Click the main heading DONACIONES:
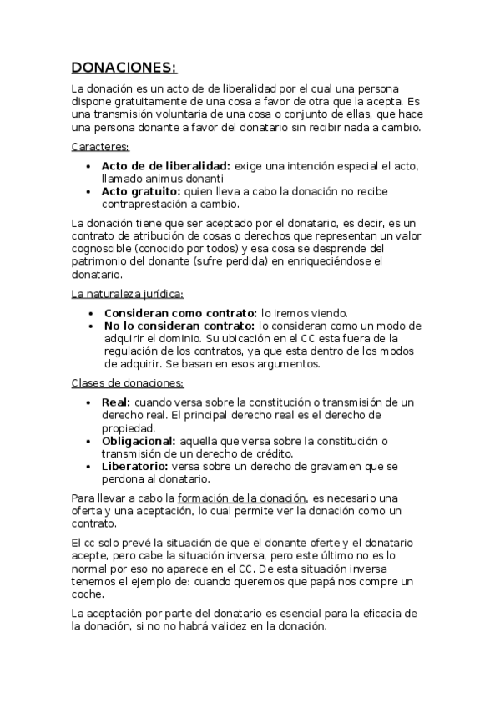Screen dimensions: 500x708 [124, 68]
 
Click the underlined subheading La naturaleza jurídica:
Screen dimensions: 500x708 [127, 294]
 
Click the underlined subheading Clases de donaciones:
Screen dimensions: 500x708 [127, 383]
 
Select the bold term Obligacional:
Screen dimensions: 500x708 [138, 440]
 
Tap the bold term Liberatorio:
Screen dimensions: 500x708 [134, 466]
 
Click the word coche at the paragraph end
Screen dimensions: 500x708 [87, 594]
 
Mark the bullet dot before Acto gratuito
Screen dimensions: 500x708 [90, 191]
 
